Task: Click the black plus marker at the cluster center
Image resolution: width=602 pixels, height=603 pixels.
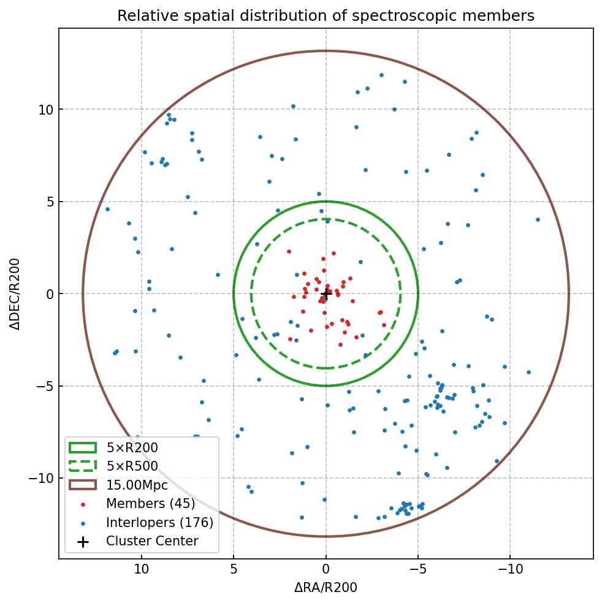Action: pos(326,294)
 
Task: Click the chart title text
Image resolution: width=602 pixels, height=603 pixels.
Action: pos(326,16)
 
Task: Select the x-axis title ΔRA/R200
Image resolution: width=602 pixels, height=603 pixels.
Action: pos(326,588)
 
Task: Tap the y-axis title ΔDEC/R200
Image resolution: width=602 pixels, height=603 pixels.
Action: pos(16,294)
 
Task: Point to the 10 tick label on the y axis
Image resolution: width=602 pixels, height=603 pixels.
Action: pos(46,110)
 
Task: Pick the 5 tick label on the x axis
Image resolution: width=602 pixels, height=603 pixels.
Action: pos(234,569)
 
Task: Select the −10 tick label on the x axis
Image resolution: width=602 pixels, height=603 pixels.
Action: pos(510,569)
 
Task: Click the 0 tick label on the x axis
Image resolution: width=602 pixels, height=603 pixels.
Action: pos(326,569)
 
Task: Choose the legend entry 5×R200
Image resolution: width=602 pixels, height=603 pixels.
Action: pos(132,448)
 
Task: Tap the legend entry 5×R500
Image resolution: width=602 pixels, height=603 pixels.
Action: pos(132,466)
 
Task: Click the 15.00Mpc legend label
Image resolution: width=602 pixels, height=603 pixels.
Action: pos(137,485)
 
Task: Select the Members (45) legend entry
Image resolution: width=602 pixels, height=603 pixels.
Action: pos(150,504)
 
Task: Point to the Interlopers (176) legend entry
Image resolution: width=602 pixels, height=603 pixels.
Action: pos(159,523)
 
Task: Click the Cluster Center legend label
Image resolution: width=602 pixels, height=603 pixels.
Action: pos(152,541)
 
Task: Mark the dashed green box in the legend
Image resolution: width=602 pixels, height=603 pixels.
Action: pos(83,466)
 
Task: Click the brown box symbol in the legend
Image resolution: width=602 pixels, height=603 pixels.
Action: pos(83,485)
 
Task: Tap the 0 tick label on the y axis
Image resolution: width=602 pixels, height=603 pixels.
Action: pos(50,294)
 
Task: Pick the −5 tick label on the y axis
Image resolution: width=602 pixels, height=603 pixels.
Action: pos(44,386)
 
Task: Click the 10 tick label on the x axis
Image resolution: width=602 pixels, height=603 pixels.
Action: pos(142,569)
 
